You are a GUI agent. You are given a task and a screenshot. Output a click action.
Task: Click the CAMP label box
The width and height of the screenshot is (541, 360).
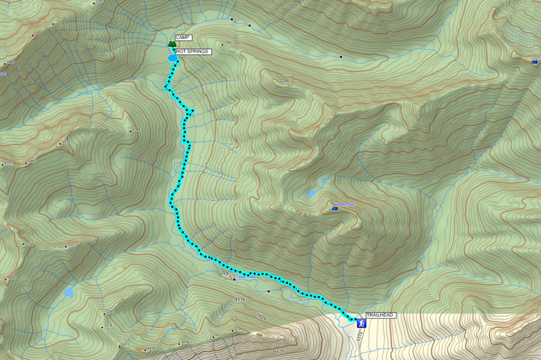(x=183, y=37)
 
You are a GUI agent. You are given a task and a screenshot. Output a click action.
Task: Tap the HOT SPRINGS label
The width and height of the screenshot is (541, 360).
(x=193, y=52)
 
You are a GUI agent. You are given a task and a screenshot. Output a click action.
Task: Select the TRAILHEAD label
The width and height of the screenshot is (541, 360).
(x=381, y=315)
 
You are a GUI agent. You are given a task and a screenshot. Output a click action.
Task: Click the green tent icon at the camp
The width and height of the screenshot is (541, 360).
(x=172, y=43)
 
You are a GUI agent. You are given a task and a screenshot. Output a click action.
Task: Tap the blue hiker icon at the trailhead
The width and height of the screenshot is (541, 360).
(x=361, y=323)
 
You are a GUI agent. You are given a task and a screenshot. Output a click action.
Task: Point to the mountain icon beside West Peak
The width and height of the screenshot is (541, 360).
(x=334, y=207)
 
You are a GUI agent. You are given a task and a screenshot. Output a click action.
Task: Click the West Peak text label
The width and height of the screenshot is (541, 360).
(x=346, y=205)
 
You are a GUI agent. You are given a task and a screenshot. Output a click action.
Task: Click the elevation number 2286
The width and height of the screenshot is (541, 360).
(x=284, y=81)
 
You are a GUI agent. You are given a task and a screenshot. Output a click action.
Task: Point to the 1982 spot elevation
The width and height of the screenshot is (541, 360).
(x=228, y=43)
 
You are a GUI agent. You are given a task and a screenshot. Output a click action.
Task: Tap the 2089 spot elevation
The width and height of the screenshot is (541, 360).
(x=136, y=130)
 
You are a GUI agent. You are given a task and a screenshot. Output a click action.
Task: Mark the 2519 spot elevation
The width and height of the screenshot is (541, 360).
(x=66, y=142)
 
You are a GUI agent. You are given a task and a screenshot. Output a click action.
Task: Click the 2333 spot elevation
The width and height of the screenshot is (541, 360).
(x=72, y=245)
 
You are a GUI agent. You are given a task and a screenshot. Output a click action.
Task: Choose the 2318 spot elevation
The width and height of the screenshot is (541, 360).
(x=108, y=326)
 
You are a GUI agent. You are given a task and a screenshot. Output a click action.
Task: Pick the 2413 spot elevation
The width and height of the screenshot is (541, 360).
(x=126, y=344)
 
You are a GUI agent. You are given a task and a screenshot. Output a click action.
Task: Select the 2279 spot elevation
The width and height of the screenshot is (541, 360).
(x=185, y=343)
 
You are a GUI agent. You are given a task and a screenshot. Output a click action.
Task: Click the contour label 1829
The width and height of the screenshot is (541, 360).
(x=261, y=316)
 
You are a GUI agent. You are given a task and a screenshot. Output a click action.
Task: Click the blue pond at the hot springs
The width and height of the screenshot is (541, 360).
(x=173, y=58)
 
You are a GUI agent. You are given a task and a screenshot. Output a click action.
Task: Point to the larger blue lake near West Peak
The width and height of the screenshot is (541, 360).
(x=312, y=194)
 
